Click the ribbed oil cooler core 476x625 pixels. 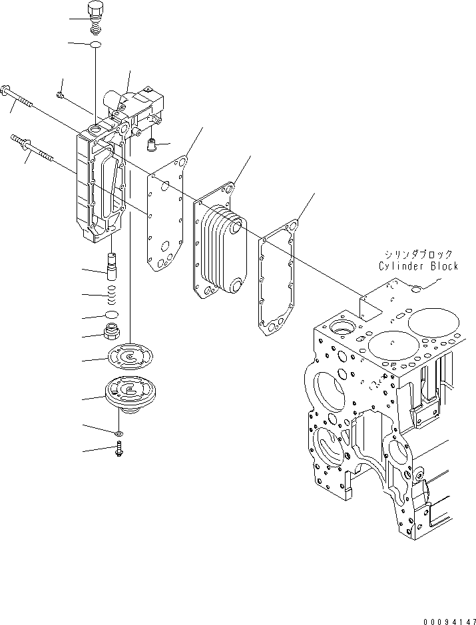(220, 253)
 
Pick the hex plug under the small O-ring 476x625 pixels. (113, 331)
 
